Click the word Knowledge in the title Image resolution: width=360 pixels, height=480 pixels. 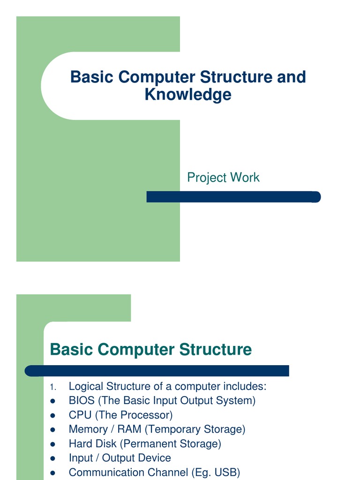click(x=188, y=95)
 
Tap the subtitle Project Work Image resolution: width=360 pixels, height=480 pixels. click(x=223, y=178)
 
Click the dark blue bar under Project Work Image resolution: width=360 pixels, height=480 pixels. click(x=233, y=197)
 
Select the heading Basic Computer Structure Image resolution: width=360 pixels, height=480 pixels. click(x=150, y=350)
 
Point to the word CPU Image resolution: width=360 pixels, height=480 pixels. click(x=80, y=415)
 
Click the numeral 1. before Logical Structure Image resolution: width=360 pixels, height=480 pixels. click(x=52, y=387)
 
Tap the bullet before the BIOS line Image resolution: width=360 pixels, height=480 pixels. click(x=52, y=401)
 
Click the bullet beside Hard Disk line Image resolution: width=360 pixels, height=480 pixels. click(x=52, y=444)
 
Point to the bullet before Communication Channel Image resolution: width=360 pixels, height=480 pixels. click(x=52, y=472)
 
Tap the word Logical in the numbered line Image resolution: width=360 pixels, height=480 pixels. click(x=86, y=387)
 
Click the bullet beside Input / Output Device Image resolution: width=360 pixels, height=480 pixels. click(x=52, y=458)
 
